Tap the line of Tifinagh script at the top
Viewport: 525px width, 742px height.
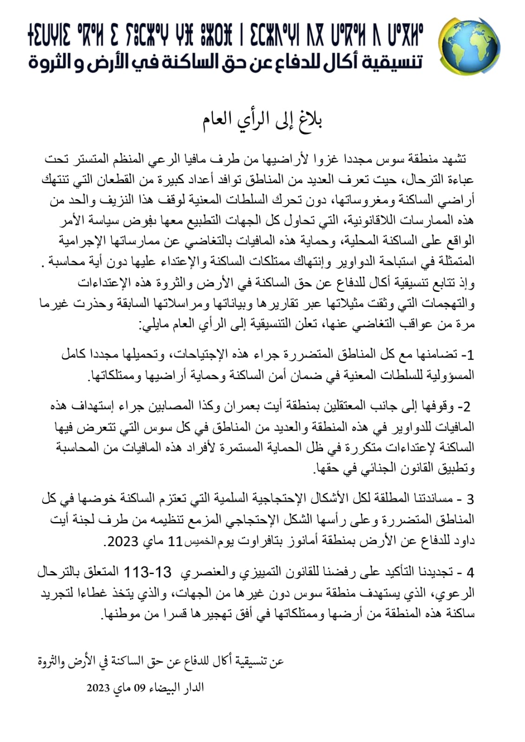click(226, 36)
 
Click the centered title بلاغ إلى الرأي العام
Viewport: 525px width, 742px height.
click(263, 120)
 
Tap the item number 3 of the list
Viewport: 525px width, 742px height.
click(470, 499)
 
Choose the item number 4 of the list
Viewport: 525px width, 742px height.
click(470, 572)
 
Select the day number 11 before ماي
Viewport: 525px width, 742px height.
click(175, 541)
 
